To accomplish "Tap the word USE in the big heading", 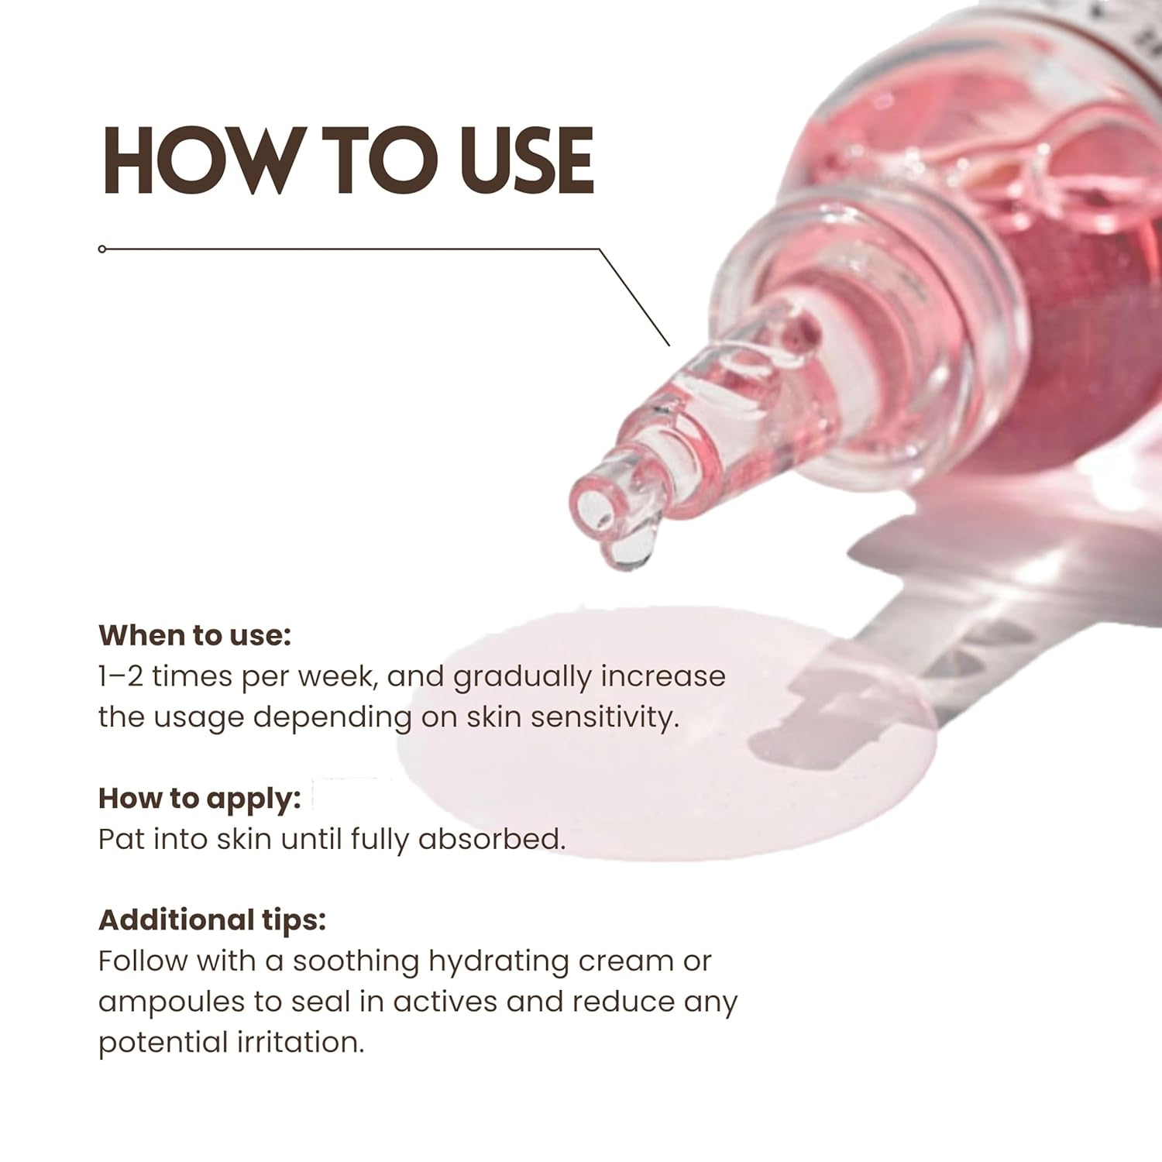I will coord(526,160).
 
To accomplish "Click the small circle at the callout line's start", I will coord(102,249).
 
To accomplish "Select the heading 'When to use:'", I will coord(194,635).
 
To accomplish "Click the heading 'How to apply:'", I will coord(199,798).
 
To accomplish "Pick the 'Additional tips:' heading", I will coord(212,920).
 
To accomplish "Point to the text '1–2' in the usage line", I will coord(120,676).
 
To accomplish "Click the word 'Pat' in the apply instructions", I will coord(120,839).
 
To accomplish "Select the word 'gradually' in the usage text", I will coord(522,678).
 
